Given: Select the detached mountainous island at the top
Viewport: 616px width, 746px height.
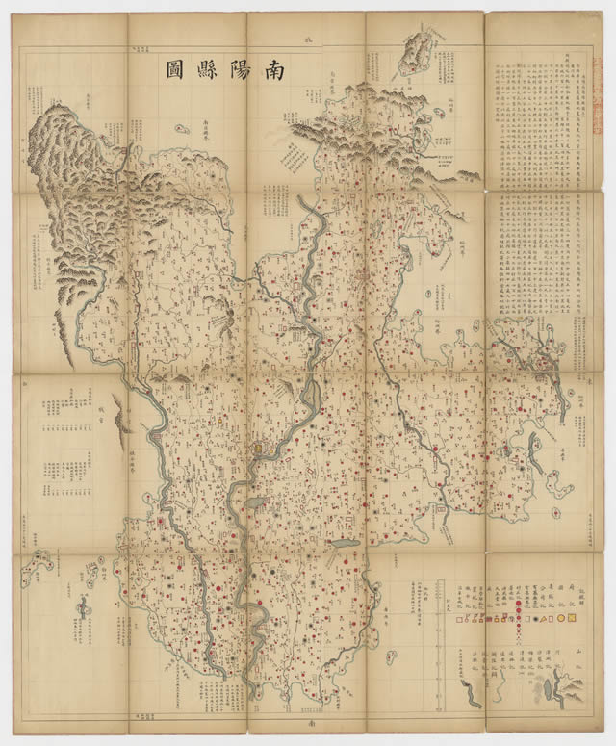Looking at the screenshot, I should click(x=420, y=53).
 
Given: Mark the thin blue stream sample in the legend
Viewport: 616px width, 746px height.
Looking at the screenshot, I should click(x=502, y=691).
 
